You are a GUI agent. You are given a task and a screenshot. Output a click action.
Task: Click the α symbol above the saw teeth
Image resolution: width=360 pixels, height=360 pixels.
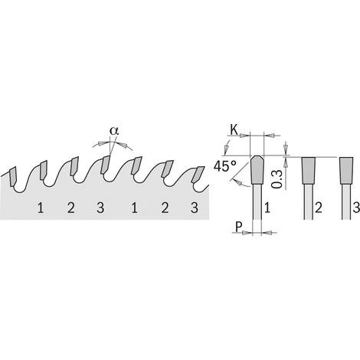pos(114,131)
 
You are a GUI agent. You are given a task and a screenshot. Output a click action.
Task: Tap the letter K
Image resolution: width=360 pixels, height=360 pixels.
pos(234,130)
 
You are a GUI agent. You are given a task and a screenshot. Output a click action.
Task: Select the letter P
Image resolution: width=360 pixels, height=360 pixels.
pos(238,227)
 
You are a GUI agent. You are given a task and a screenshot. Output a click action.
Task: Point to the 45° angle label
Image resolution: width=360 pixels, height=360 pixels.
pos(224,166)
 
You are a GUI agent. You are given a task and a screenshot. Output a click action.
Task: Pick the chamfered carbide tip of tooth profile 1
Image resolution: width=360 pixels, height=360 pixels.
pos(257,170)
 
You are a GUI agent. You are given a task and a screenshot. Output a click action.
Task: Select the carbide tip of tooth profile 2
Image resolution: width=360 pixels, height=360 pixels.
pos(309,170)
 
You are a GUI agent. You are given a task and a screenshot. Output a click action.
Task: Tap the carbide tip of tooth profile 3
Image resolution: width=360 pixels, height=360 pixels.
pos(346,170)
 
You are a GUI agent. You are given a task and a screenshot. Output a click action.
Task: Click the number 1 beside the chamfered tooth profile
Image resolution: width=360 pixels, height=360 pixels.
pos(267,208)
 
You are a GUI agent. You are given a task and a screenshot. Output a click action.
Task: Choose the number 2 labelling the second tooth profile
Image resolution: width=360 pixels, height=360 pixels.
pos(319,208)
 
